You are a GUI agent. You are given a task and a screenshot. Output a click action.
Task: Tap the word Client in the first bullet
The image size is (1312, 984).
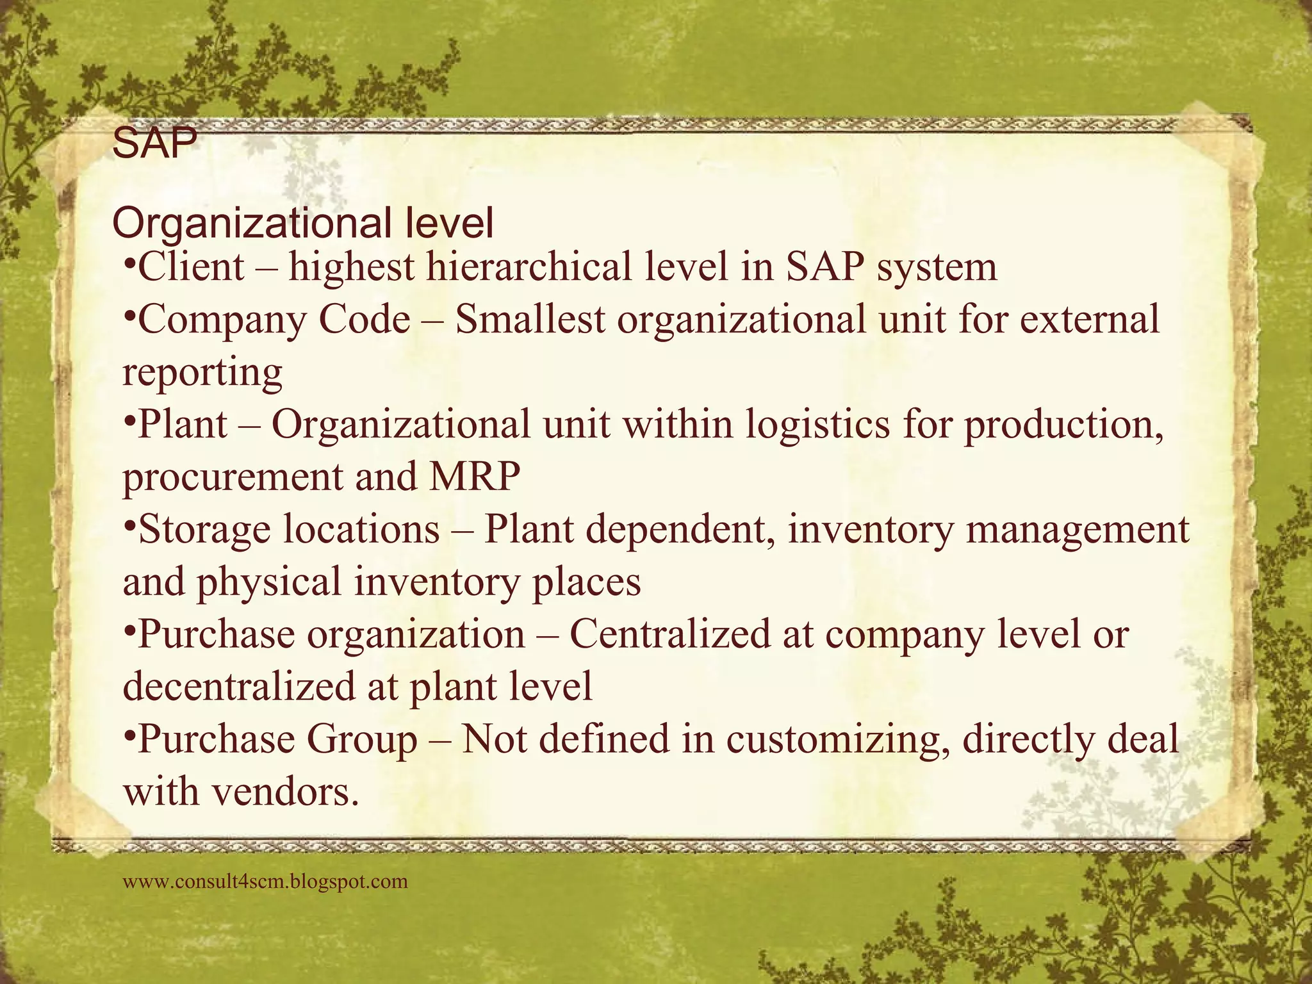[191, 267]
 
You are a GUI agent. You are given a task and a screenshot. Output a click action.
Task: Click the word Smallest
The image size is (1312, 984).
[530, 320]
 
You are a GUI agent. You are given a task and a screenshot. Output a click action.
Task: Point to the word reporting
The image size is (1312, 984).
[202, 373]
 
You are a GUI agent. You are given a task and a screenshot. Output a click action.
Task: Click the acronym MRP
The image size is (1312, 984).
[475, 477]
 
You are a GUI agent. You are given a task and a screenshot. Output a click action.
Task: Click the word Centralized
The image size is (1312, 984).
[669, 635]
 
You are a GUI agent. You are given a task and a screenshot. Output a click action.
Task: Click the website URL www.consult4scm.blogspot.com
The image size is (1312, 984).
[265, 881]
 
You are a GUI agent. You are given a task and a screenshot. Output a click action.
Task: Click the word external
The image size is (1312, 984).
[1089, 320]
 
